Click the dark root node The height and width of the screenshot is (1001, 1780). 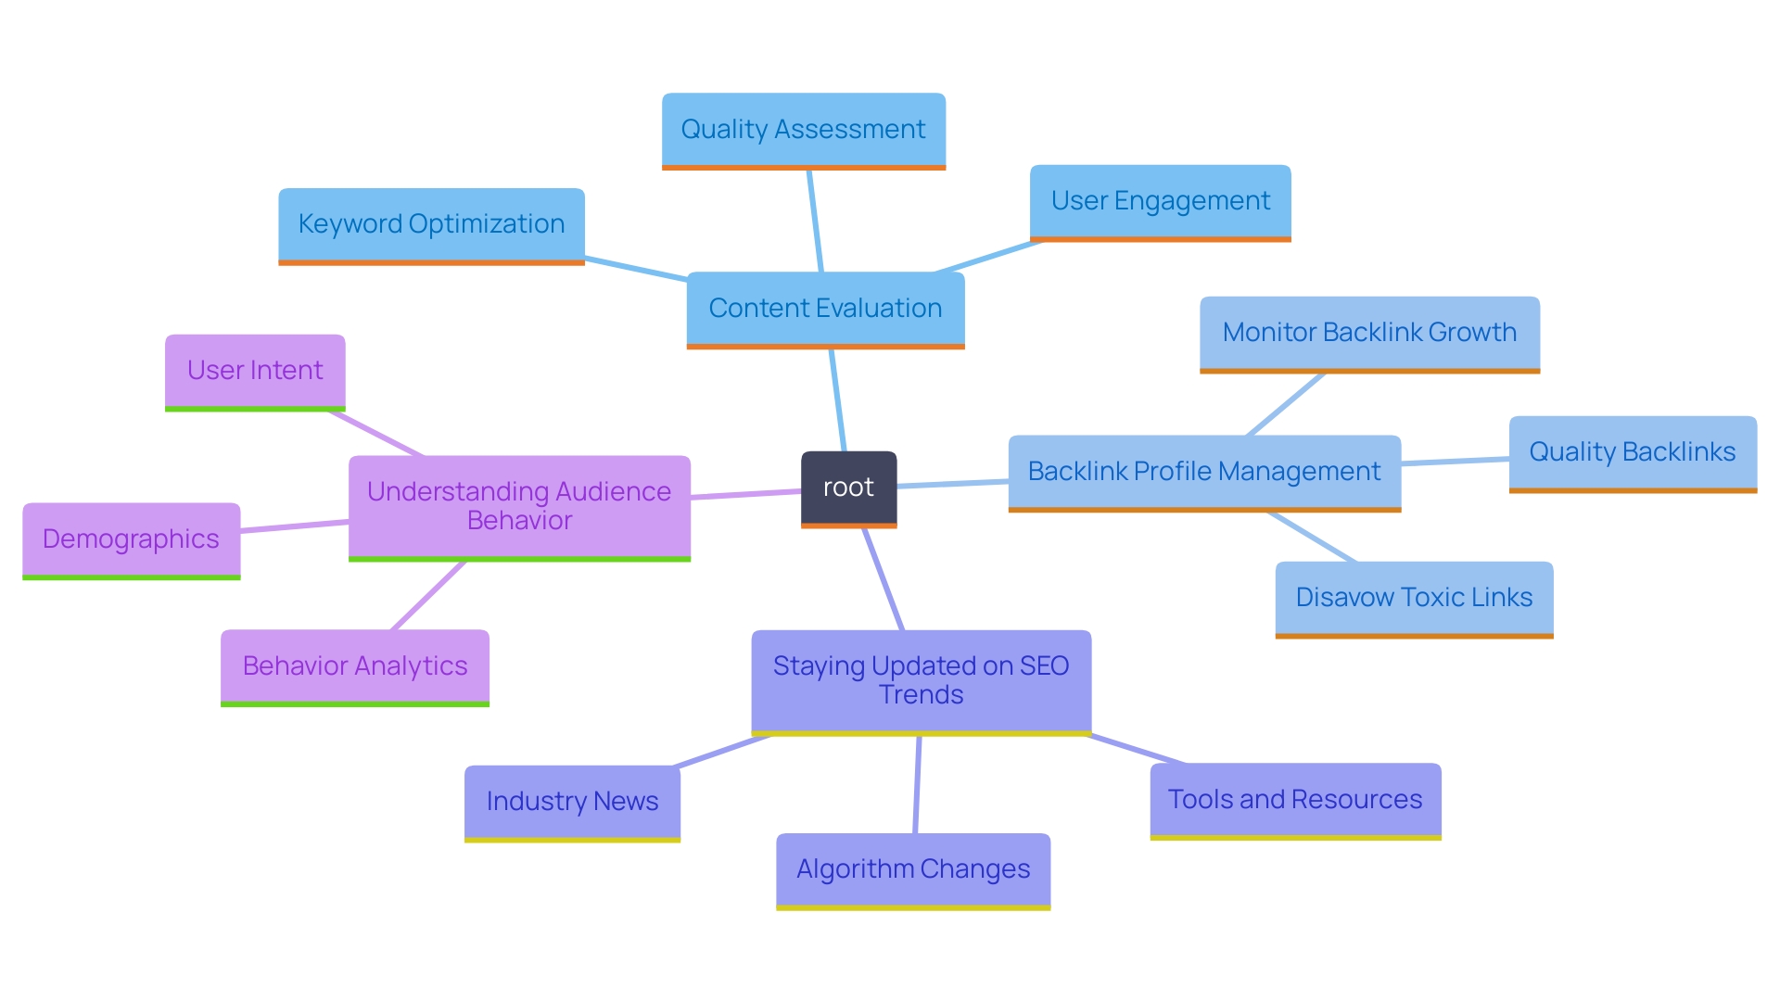click(x=848, y=488)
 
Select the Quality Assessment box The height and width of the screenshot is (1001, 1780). click(x=803, y=130)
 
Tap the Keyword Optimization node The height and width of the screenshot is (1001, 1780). click(x=431, y=224)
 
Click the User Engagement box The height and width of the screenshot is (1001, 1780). click(x=1160, y=201)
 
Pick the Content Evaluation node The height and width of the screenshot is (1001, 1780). click(x=825, y=308)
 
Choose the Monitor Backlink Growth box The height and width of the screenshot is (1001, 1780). click(x=1369, y=333)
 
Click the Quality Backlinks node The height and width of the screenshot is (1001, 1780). click(x=1632, y=452)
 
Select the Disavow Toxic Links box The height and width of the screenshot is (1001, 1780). click(x=1414, y=598)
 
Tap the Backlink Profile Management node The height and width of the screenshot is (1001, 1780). click(x=1204, y=472)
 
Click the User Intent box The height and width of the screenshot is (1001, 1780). click(x=255, y=371)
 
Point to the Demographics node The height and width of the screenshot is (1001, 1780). click(x=131, y=539)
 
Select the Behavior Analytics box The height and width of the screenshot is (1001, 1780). click(x=354, y=666)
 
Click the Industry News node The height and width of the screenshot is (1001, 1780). click(x=572, y=802)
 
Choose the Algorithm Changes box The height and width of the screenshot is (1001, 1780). click(x=913, y=869)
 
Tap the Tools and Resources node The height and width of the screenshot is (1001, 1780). click(x=1295, y=800)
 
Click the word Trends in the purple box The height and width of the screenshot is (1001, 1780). click(x=921, y=695)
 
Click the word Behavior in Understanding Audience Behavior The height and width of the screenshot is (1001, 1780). click(x=519, y=521)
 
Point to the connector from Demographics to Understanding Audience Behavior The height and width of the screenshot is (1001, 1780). click(x=295, y=526)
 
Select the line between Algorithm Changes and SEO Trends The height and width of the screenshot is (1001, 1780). click(x=917, y=784)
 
